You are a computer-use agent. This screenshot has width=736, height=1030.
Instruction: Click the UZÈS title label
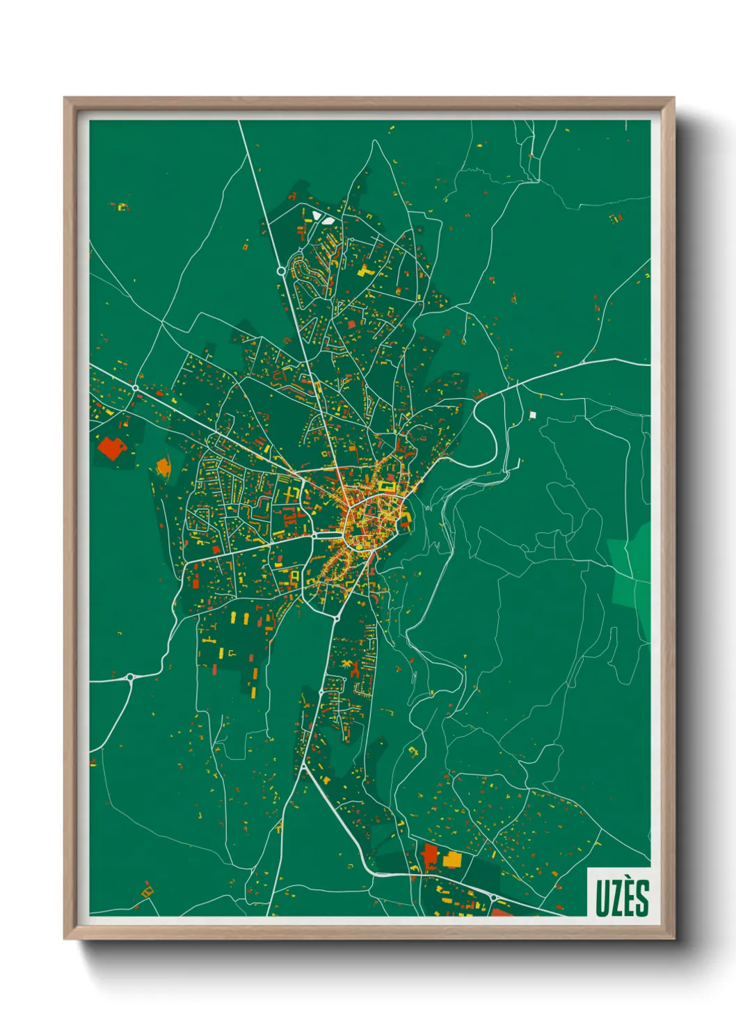(621, 898)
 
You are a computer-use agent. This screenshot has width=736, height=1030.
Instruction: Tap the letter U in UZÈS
(602, 898)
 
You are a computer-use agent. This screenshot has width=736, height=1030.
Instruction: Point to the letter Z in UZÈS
(615, 898)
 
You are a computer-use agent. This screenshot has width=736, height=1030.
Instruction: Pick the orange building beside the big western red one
(163, 466)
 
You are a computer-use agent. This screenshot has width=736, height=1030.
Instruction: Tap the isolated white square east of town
(533, 415)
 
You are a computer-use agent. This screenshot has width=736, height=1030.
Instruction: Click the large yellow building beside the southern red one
(452, 859)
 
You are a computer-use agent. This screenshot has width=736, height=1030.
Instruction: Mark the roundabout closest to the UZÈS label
(494, 898)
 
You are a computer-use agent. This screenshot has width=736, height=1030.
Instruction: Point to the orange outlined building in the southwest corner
(147, 890)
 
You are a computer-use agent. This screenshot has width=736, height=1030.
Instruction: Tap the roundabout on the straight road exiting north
(281, 271)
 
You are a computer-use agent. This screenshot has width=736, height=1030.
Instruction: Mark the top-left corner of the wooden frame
(65, 98)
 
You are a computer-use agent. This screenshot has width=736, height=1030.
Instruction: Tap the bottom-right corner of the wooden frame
(673, 939)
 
